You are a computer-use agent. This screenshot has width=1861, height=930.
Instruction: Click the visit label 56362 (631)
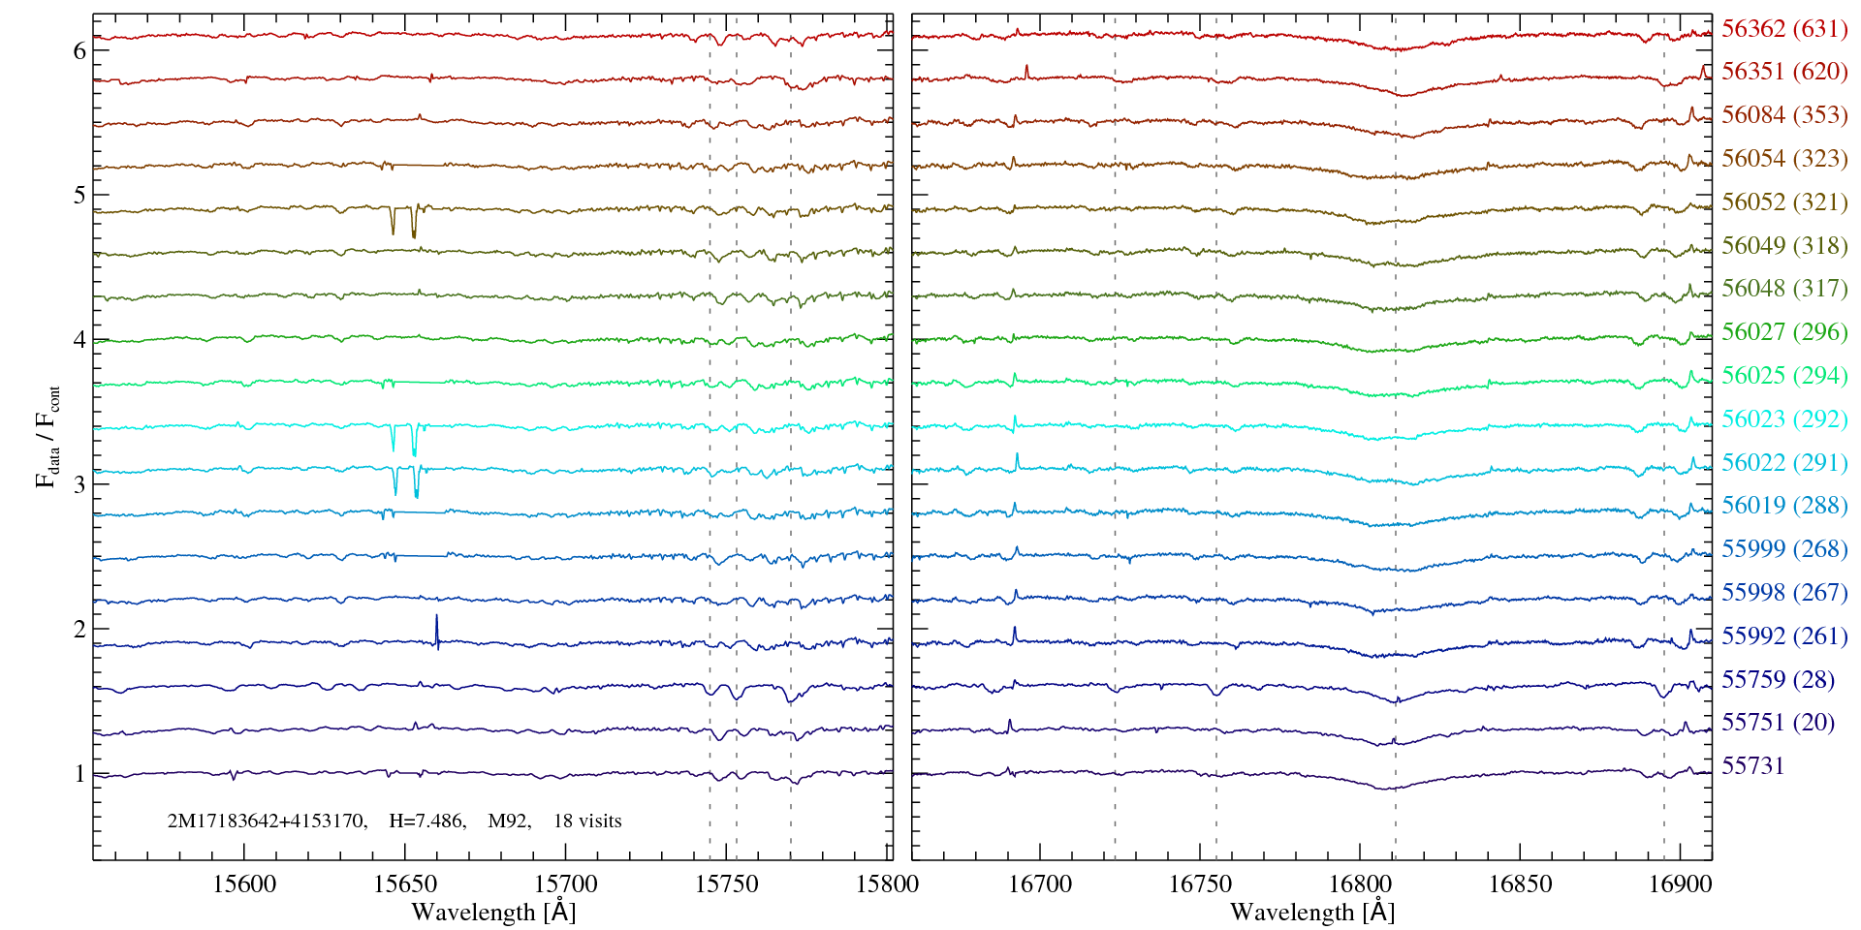point(1783,28)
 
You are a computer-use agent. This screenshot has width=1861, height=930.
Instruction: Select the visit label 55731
point(1752,766)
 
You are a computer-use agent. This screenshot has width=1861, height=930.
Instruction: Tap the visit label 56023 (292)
point(1783,419)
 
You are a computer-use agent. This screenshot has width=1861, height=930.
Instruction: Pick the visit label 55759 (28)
point(1778,679)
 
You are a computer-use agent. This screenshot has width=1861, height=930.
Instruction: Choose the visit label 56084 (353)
point(1783,115)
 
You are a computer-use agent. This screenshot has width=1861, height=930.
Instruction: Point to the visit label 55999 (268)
point(1783,549)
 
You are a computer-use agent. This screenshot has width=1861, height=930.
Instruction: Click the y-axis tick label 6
point(79,50)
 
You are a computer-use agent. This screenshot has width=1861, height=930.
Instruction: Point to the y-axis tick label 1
point(79,773)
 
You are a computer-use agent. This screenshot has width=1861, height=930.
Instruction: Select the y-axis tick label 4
point(79,339)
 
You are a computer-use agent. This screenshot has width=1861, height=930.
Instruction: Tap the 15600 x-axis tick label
point(244,883)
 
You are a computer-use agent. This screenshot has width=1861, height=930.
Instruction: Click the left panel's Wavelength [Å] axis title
point(493,912)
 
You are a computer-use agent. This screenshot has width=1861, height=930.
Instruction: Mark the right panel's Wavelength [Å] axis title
point(1312,912)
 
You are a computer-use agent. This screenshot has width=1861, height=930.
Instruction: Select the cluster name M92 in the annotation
point(509,821)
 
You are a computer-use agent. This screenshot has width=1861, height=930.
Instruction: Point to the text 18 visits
point(587,821)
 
